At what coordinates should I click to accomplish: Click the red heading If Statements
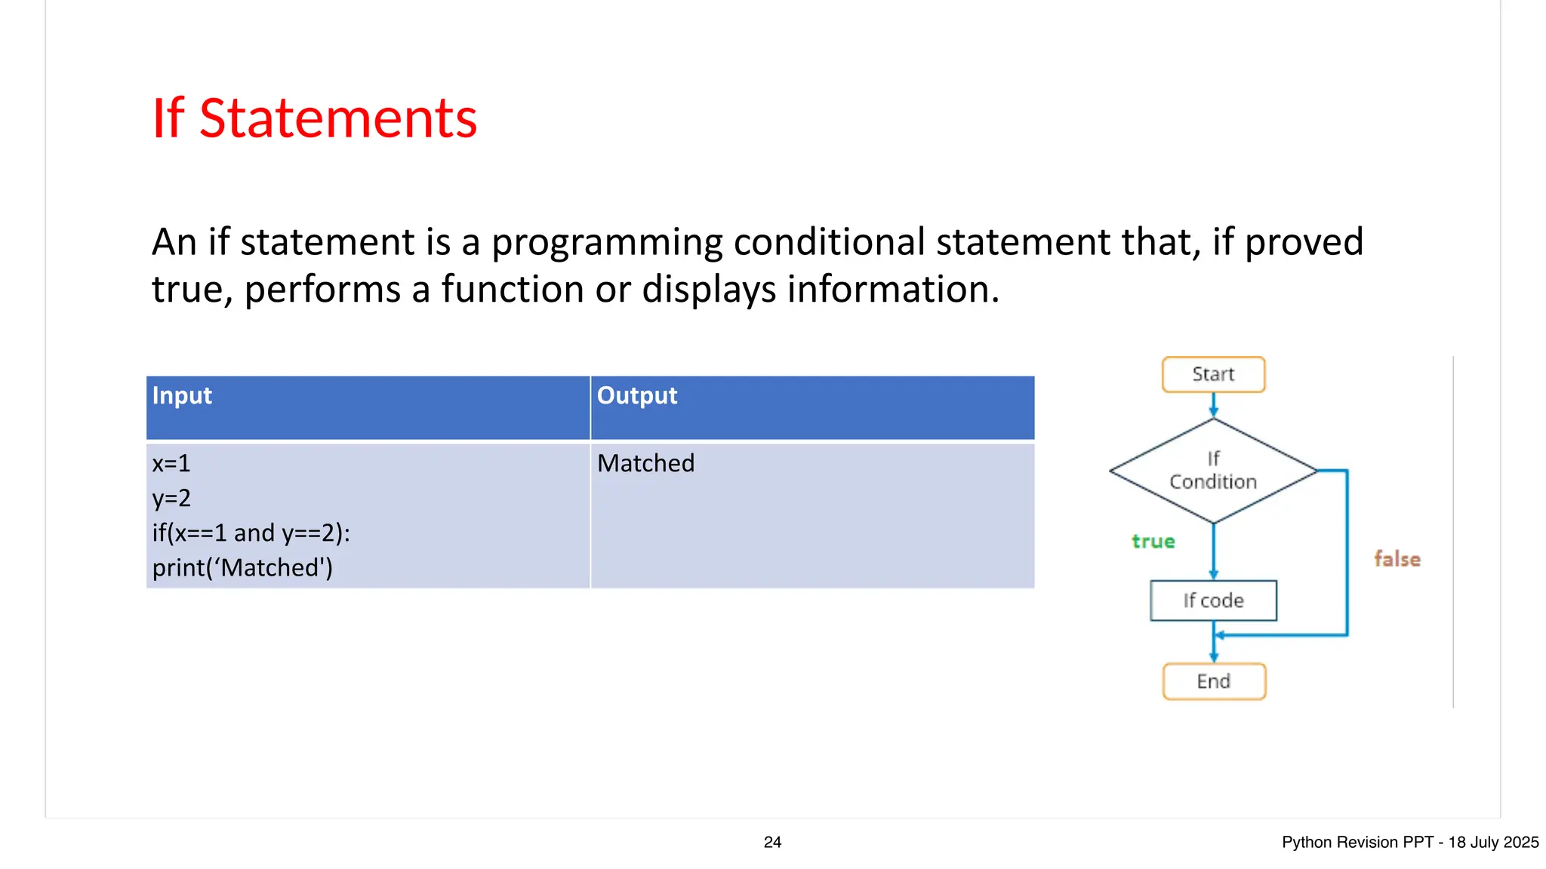(314, 118)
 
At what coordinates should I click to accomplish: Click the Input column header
(182, 395)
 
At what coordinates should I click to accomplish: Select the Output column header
(636, 395)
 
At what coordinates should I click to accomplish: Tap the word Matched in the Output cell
(645, 463)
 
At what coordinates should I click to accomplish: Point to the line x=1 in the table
(171, 463)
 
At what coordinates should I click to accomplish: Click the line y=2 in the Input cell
(171, 498)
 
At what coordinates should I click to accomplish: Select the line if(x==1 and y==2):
(251, 533)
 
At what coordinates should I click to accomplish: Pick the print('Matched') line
(242, 567)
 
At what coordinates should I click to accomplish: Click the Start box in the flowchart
(1213, 374)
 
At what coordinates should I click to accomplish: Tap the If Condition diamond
(1213, 471)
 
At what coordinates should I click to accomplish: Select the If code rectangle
(1213, 600)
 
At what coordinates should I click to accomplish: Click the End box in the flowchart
(1213, 681)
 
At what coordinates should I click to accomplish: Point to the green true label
(1153, 541)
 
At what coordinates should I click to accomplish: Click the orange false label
(1397, 559)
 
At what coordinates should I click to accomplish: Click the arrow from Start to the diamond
(1213, 405)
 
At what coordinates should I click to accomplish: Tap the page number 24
(772, 843)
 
